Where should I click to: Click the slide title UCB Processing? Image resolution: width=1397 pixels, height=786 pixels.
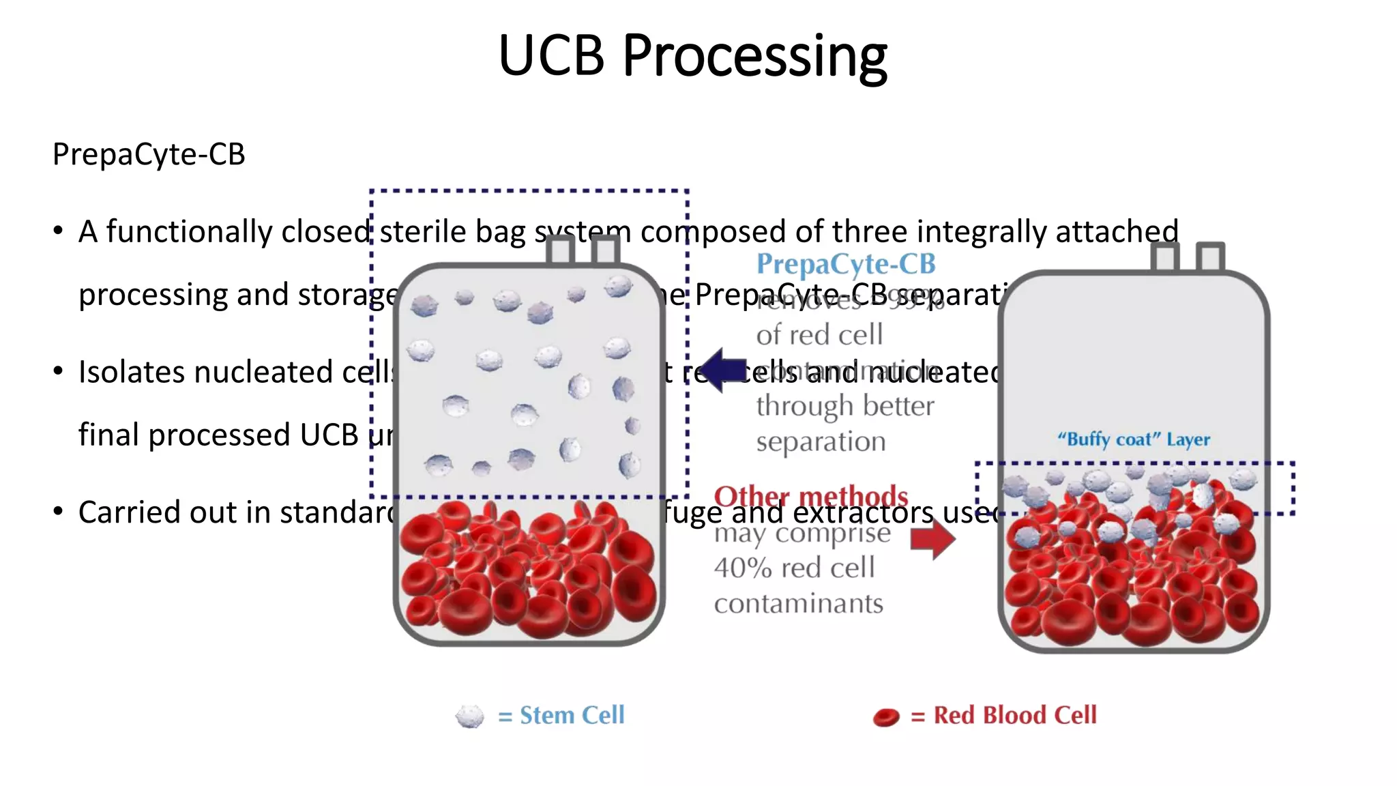692,56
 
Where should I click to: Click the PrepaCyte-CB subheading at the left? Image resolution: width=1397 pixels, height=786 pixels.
149,155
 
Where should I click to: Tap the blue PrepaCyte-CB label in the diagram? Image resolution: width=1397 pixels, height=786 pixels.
845,265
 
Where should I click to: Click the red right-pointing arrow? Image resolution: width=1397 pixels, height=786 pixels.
932,538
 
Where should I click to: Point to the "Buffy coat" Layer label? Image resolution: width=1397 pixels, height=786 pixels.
1133,439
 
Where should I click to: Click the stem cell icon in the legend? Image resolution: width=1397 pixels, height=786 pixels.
469,716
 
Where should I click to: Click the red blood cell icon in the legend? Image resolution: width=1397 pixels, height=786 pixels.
886,717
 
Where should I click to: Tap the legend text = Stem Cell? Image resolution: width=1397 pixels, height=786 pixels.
561,716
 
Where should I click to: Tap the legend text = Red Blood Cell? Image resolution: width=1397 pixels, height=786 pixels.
1003,716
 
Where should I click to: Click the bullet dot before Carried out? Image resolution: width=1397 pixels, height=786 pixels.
59,511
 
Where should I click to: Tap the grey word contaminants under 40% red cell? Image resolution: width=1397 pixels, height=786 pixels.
798,604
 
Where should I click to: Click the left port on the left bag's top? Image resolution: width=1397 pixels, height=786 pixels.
560,250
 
